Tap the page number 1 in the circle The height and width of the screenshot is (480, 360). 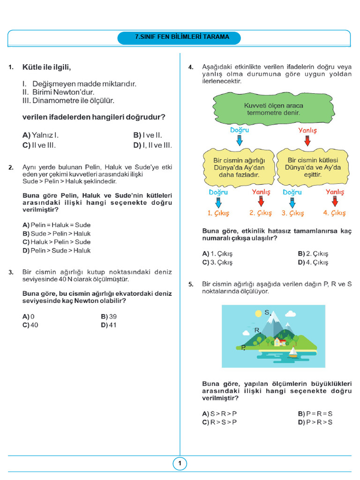pos(180,464)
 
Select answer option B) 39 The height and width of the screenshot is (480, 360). pos(109,316)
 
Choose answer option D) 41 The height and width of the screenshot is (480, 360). pos(109,325)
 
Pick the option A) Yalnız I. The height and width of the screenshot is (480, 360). pos(40,135)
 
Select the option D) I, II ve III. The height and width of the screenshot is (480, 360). pos(152,145)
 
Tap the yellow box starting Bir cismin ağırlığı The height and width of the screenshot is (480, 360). pos(239,167)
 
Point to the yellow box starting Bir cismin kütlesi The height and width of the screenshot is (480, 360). pos(314,167)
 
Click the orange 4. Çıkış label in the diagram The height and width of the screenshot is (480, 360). pos(334,213)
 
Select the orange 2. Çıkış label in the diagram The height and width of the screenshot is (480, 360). pos(261,213)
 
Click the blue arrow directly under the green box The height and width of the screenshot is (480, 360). pos(240,140)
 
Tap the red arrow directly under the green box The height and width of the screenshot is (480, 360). pos(307,140)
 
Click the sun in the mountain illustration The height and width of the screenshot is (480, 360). pos(257,313)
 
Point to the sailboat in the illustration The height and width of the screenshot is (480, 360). pos(293,352)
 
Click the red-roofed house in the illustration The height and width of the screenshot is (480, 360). pos(280,341)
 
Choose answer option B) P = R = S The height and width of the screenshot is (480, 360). pos(315,413)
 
